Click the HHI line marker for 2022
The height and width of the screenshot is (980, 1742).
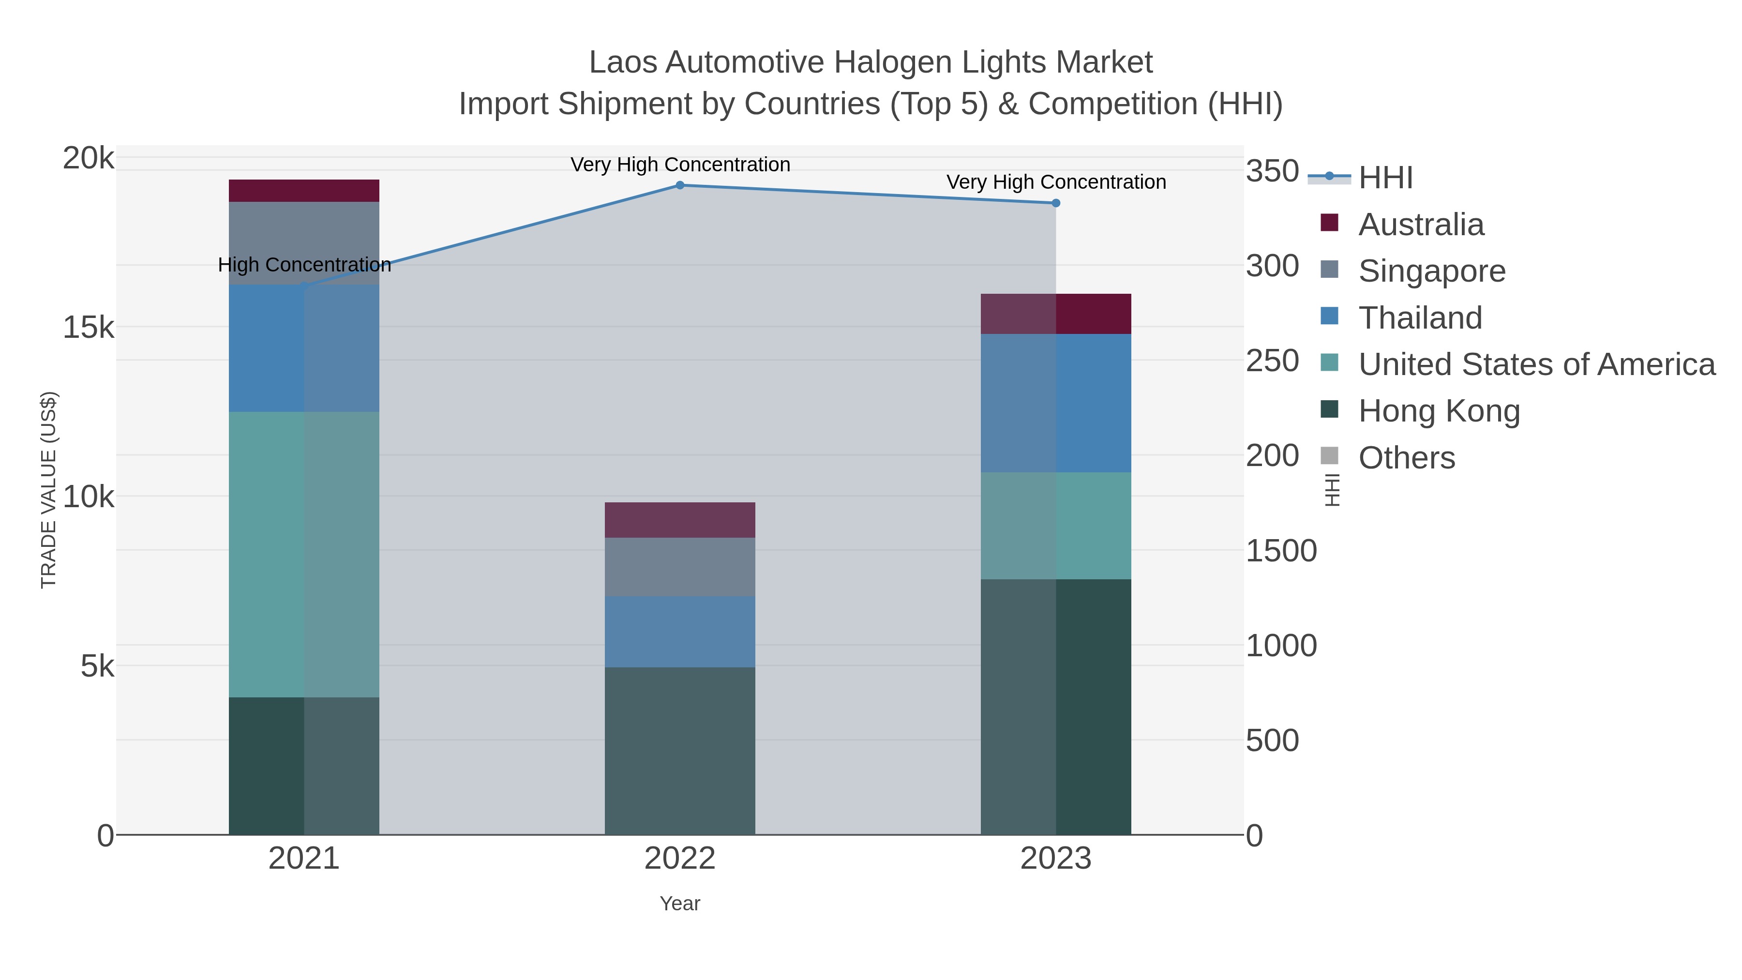coord(680,185)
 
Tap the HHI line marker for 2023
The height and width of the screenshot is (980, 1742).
coord(1056,203)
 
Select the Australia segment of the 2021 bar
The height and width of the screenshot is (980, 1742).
coord(303,191)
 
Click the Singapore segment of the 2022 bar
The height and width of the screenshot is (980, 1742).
coord(680,567)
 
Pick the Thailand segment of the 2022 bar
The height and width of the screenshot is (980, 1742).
coord(680,632)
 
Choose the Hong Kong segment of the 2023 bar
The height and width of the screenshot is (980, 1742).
coord(1056,707)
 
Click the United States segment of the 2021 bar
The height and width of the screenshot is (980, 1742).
coord(303,555)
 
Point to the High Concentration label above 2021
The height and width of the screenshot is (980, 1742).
coord(304,264)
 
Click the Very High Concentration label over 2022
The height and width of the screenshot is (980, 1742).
coord(680,165)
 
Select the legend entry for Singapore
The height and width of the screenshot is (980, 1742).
coord(1432,271)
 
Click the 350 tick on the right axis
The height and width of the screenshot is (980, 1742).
coord(1272,171)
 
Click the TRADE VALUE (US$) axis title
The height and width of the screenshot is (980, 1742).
coord(49,490)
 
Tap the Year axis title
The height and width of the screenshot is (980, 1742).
coord(680,904)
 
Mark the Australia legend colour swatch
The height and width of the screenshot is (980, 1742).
coord(1329,223)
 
